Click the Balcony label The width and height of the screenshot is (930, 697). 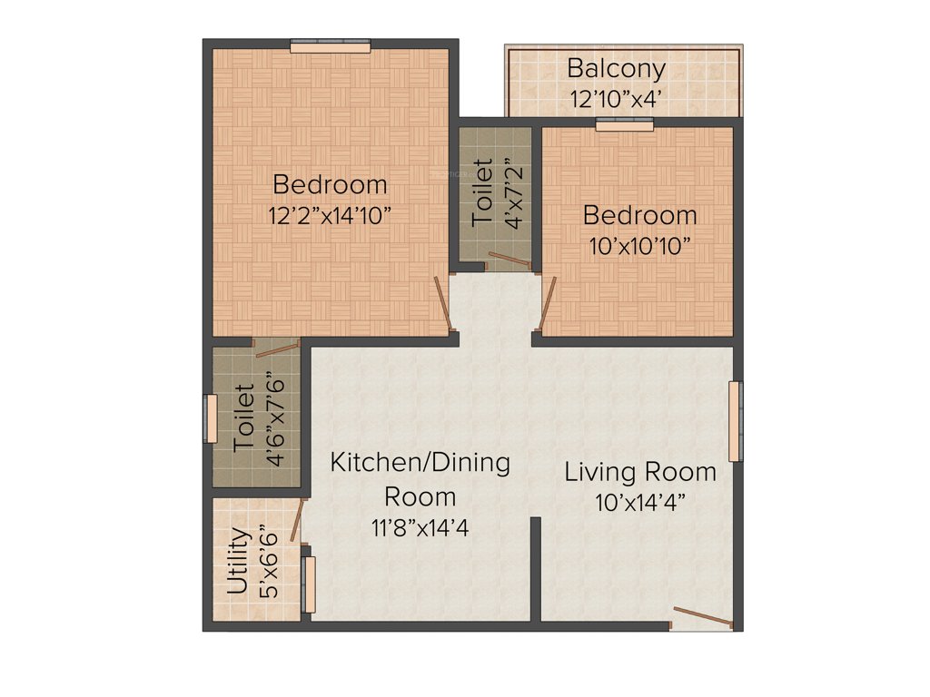click(617, 68)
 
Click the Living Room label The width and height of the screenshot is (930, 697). click(640, 472)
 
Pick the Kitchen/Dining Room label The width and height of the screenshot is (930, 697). click(420, 478)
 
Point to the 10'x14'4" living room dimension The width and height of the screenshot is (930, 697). click(640, 502)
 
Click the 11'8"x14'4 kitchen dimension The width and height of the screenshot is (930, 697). click(420, 527)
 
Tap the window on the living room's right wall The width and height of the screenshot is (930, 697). click(735, 421)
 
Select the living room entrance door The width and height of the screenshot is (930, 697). click(702, 617)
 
